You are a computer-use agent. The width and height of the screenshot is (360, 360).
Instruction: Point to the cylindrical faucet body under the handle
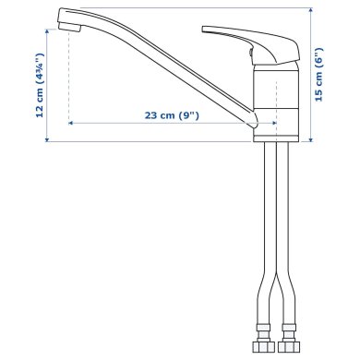tap(274, 102)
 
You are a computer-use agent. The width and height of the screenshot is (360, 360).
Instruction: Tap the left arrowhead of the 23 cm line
tap(71, 121)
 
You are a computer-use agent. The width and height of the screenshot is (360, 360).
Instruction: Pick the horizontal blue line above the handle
tap(185, 6)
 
